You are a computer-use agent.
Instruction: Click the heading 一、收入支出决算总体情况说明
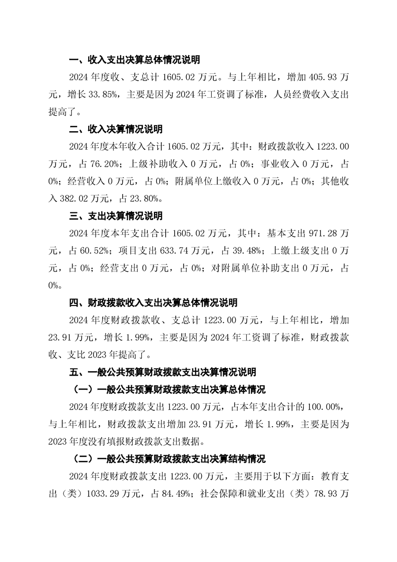click(134, 60)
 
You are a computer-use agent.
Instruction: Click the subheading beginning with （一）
click(167, 390)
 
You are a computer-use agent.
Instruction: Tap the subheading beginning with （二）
click(167, 459)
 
